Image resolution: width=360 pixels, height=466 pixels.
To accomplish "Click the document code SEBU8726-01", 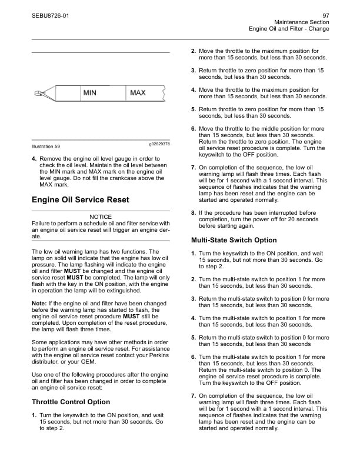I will [x=50, y=15].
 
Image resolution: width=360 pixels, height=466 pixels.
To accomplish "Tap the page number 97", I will [x=325, y=15].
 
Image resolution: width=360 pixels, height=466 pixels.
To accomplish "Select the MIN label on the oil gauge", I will [x=89, y=93].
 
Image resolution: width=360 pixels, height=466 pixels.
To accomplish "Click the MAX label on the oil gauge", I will [x=138, y=93].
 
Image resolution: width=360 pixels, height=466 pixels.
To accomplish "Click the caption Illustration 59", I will [x=45, y=146].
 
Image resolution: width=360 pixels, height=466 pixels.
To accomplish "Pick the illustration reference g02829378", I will [x=156, y=144].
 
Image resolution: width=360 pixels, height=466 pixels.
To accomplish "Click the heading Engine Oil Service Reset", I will [x=80, y=200].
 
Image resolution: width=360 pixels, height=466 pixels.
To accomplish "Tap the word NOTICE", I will [x=100, y=217].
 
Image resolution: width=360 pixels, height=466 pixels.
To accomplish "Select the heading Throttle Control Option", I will [x=71, y=402].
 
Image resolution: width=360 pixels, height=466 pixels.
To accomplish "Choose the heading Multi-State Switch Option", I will [x=234, y=240].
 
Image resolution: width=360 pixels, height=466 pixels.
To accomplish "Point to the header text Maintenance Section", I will [x=301, y=22].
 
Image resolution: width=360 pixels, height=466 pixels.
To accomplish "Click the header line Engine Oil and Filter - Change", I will [x=289, y=29].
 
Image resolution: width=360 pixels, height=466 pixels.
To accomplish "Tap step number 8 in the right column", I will [x=194, y=212].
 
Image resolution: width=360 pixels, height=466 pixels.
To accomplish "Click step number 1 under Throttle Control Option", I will [x=34, y=416].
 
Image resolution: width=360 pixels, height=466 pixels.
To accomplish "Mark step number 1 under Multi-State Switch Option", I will [x=194, y=254].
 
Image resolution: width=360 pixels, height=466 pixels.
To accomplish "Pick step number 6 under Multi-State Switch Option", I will [x=194, y=357].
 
